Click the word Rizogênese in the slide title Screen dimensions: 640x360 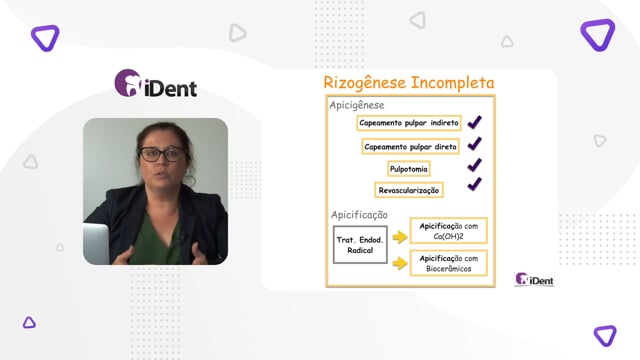(364, 83)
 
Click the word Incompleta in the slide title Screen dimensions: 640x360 (452, 82)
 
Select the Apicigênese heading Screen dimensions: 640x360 (357, 105)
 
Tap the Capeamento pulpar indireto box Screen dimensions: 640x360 (409, 123)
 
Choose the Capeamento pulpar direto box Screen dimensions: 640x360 (410, 147)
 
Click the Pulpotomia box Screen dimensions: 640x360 (409, 169)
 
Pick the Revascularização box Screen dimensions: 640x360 (409, 190)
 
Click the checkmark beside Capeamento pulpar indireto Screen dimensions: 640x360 (474, 122)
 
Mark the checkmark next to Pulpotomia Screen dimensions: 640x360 (474, 164)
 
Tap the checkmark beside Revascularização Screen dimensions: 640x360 (474, 184)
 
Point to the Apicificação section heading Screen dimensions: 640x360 (359, 215)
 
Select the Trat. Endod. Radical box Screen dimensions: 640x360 (360, 244)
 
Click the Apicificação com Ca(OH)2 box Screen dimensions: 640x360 (449, 231)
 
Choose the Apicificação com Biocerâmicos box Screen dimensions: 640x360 (449, 263)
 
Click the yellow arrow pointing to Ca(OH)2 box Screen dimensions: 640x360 (400, 237)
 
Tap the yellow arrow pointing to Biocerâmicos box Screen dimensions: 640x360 (400, 263)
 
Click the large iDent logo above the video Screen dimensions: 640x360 (156, 83)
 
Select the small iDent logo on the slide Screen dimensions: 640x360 (534, 279)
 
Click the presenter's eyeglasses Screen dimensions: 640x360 (162, 154)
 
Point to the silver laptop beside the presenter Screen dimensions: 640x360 (96, 244)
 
